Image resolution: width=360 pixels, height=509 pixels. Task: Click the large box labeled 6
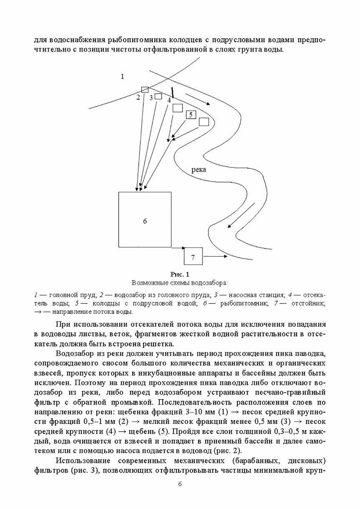point(145,219)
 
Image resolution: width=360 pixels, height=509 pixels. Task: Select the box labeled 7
point(193,256)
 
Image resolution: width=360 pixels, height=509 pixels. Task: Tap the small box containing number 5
point(191,115)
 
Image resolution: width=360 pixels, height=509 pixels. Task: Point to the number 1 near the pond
point(122,76)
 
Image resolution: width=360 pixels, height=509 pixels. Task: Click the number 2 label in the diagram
point(138,97)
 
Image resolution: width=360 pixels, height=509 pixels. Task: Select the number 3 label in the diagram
point(151,98)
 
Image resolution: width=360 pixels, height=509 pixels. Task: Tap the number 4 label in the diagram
point(169,100)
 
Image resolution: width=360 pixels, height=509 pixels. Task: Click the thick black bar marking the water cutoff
point(173,92)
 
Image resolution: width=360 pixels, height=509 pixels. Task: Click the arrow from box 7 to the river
point(215,256)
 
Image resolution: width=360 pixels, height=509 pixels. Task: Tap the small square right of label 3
point(158,96)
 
